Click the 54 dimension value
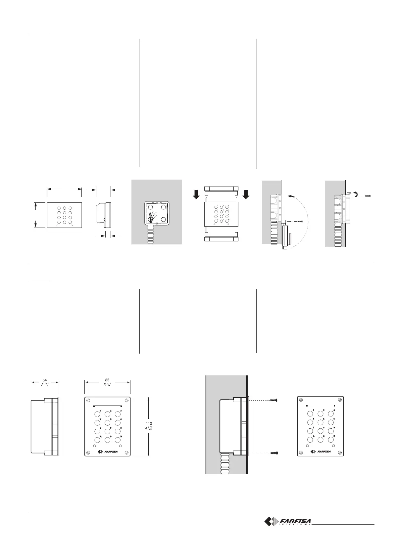point(45,380)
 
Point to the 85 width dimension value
point(107,380)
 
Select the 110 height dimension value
point(149,423)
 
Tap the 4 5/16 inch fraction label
point(149,429)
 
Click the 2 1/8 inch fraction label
point(45,385)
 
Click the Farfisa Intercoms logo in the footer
point(288,522)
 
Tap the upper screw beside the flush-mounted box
point(274,400)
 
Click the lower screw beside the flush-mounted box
point(274,452)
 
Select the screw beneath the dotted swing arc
point(300,221)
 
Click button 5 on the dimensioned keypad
point(107,422)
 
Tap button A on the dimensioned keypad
point(97,440)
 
